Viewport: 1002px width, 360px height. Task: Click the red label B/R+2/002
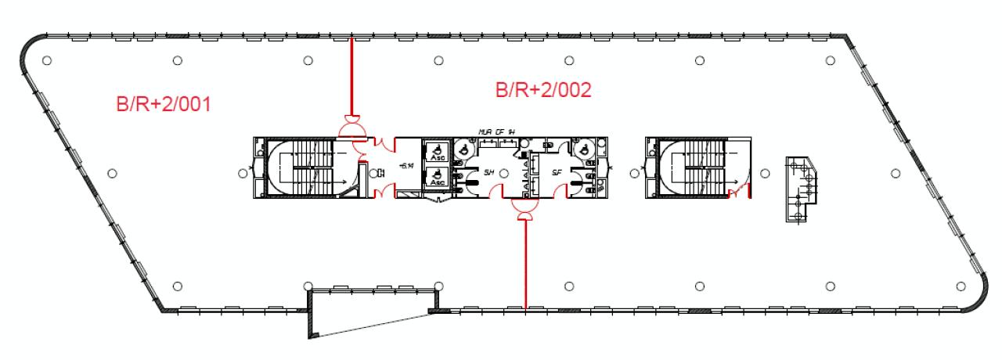pos(542,90)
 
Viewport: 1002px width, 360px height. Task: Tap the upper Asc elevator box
pos(434,150)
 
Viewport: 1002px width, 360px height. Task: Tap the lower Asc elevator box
pos(434,177)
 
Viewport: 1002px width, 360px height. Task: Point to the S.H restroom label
pos(489,172)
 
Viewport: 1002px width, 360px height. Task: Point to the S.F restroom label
pos(557,172)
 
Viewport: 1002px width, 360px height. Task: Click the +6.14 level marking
pos(406,166)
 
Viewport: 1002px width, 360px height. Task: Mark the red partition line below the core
pos(525,266)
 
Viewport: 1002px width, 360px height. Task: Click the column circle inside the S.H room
pos(503,171)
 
